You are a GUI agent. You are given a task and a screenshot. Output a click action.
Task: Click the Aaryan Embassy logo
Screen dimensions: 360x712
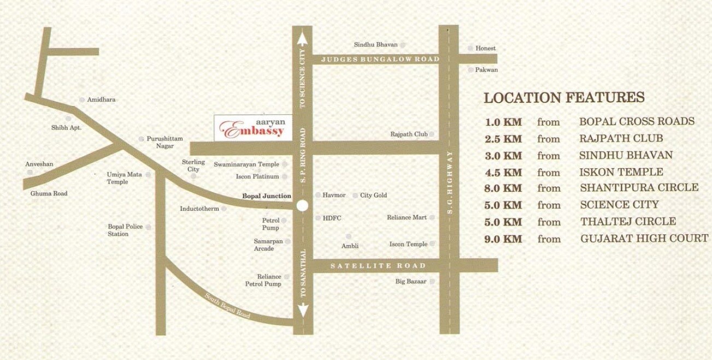(252, 128)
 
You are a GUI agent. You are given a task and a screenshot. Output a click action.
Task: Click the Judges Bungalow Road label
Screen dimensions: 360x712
(380, 59)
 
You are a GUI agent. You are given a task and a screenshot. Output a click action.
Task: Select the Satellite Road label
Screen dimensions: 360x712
(378, 265)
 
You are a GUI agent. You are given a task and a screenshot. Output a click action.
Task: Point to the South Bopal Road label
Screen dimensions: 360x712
(228, 306)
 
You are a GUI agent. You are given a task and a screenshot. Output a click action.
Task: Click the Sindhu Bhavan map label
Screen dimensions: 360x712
(376, 45)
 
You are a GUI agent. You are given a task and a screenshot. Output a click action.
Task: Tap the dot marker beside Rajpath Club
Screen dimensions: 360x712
(432, 134)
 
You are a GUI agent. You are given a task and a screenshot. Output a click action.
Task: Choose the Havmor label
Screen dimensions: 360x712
(334, 195)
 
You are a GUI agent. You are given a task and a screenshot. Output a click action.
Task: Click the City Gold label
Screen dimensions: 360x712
(373, 195)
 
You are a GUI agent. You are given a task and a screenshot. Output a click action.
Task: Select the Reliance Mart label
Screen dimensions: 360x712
(407, 217)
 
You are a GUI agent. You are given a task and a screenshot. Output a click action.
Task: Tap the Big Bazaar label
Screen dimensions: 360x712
(411, 281)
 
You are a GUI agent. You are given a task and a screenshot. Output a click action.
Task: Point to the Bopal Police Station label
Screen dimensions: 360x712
(125, 230)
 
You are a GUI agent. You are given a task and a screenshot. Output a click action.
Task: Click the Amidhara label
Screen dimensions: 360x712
(102, 100)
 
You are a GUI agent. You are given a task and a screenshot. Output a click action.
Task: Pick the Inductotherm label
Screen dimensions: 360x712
(199, 209)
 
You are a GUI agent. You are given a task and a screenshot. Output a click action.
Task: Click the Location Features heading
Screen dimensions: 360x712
(564, 98)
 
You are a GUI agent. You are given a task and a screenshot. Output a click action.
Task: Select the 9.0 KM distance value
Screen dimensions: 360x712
(503, 239)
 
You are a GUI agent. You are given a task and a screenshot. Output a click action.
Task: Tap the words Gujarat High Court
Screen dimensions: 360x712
(644, 238)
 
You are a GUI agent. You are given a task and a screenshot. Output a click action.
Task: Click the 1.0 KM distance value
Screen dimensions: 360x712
(503, 122)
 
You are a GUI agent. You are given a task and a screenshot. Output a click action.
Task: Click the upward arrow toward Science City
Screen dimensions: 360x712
(302, 39)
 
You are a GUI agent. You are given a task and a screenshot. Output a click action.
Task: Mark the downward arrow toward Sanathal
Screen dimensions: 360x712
(302, 310)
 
